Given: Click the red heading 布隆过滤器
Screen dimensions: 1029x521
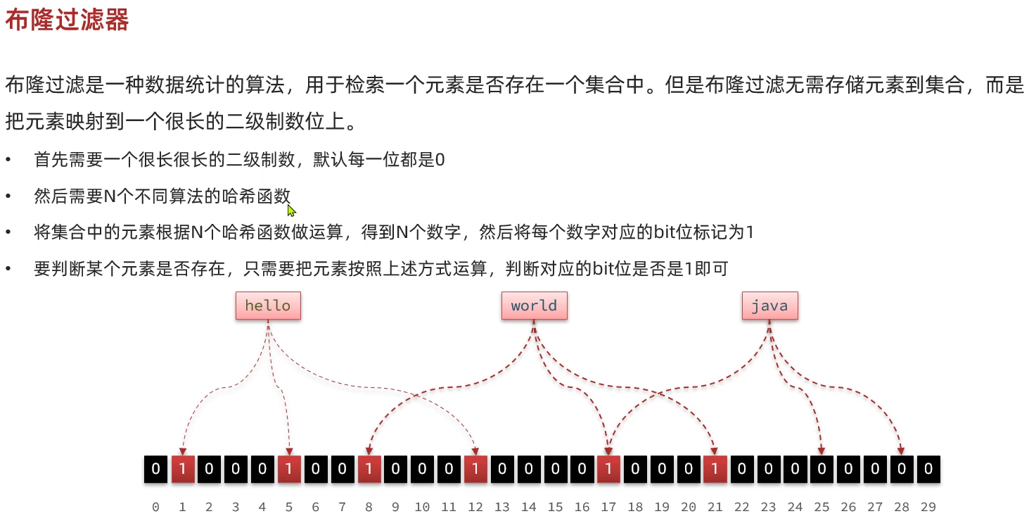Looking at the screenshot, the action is coord(68,21).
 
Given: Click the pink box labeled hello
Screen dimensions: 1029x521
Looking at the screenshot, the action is coord(268,306).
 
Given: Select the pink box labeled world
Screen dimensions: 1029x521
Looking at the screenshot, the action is coord(534,306).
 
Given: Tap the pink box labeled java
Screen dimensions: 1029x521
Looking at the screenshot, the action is coord(769,306).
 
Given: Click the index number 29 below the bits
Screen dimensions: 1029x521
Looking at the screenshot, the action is coord(928,507).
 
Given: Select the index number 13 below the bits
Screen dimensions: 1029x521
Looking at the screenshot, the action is coord(502,507).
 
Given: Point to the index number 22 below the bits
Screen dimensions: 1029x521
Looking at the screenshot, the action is coord(741,507).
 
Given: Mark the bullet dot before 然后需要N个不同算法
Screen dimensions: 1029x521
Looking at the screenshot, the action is coord(8,196).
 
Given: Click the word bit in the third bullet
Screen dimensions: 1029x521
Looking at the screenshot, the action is coord(665,232).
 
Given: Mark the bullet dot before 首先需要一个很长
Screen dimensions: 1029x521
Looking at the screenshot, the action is coord(8,161).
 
